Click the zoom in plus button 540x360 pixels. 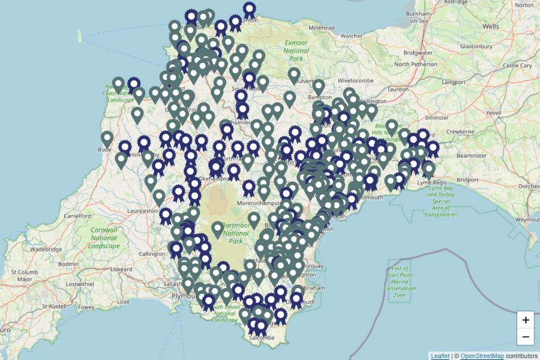(526, 320)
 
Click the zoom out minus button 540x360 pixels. (526, 337)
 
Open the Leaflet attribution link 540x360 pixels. (439, 356)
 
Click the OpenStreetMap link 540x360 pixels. (482, 356)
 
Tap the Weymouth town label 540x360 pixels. (527, 220)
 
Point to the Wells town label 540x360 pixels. (490, 26)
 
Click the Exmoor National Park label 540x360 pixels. (296, 50)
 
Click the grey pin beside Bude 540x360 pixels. (107, 139)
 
